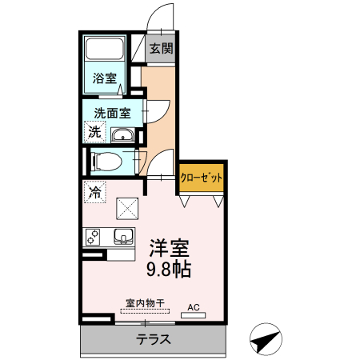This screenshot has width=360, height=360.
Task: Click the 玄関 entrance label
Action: (x=161, y=49)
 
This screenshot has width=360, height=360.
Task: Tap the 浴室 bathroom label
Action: (x=104, y=78)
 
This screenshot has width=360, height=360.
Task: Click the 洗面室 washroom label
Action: (x=112, y=113)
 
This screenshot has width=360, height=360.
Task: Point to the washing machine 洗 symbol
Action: (x=94, y=132)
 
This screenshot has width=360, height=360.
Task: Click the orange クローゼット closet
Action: (x=201, y=178)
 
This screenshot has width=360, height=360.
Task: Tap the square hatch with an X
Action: (x=128, y=210)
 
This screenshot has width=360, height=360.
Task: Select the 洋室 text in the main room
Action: (x=168, y=246)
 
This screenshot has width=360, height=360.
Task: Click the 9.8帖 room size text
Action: (x=168, y=269)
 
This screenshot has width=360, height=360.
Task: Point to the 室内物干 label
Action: (x=145, y=303)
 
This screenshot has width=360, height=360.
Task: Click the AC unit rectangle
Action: (x=193, y=315)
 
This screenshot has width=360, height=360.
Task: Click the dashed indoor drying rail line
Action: (x=145, y=312)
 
